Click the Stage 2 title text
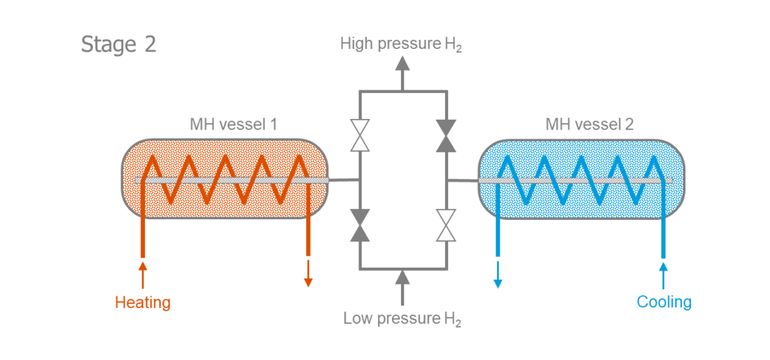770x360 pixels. point(118,44)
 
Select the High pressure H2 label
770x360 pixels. point(400,44)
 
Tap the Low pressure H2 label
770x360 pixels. point(402,319)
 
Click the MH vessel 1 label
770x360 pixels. point(234,125)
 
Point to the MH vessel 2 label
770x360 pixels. point(589,125)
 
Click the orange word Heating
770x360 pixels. point(143,303)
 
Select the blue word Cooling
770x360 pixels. point(664,302)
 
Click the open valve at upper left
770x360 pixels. point(360,135)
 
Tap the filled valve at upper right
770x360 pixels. point(446,135)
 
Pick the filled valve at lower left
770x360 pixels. point(360,224)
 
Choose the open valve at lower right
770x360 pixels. point(446,224)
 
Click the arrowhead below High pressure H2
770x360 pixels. point(402,64)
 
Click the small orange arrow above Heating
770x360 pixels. point(143,274)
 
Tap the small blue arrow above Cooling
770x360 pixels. point(664,274)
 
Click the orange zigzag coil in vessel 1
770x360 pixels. point(225,180)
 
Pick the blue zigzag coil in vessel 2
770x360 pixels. point(580,180)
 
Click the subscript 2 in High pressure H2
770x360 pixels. point(458,49)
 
